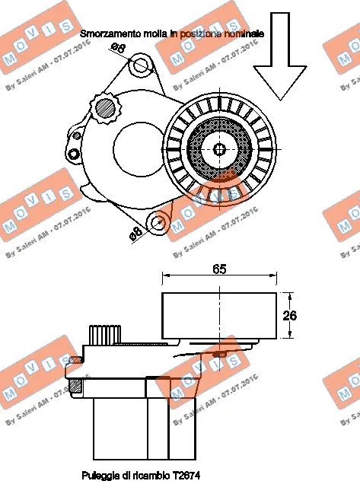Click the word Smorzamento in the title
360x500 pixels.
110,34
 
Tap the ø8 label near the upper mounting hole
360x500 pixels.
118,48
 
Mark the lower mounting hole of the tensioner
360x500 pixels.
158,223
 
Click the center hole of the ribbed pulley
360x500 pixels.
218,148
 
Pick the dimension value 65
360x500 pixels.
219,269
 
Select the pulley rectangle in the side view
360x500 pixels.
218,314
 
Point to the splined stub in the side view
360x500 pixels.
106,333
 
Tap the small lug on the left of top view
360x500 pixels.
73,154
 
